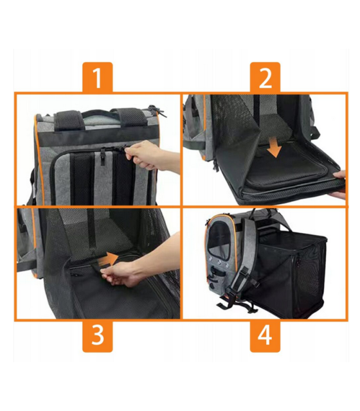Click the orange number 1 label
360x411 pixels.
(x=97, y=78)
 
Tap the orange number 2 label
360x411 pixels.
(x=265, y=78)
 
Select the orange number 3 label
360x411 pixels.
(x=97, y=335)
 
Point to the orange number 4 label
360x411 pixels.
(x=265, y=335)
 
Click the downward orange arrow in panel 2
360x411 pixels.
(x=274, y=146)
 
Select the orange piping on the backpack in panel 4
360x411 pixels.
(x=206, y=250)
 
